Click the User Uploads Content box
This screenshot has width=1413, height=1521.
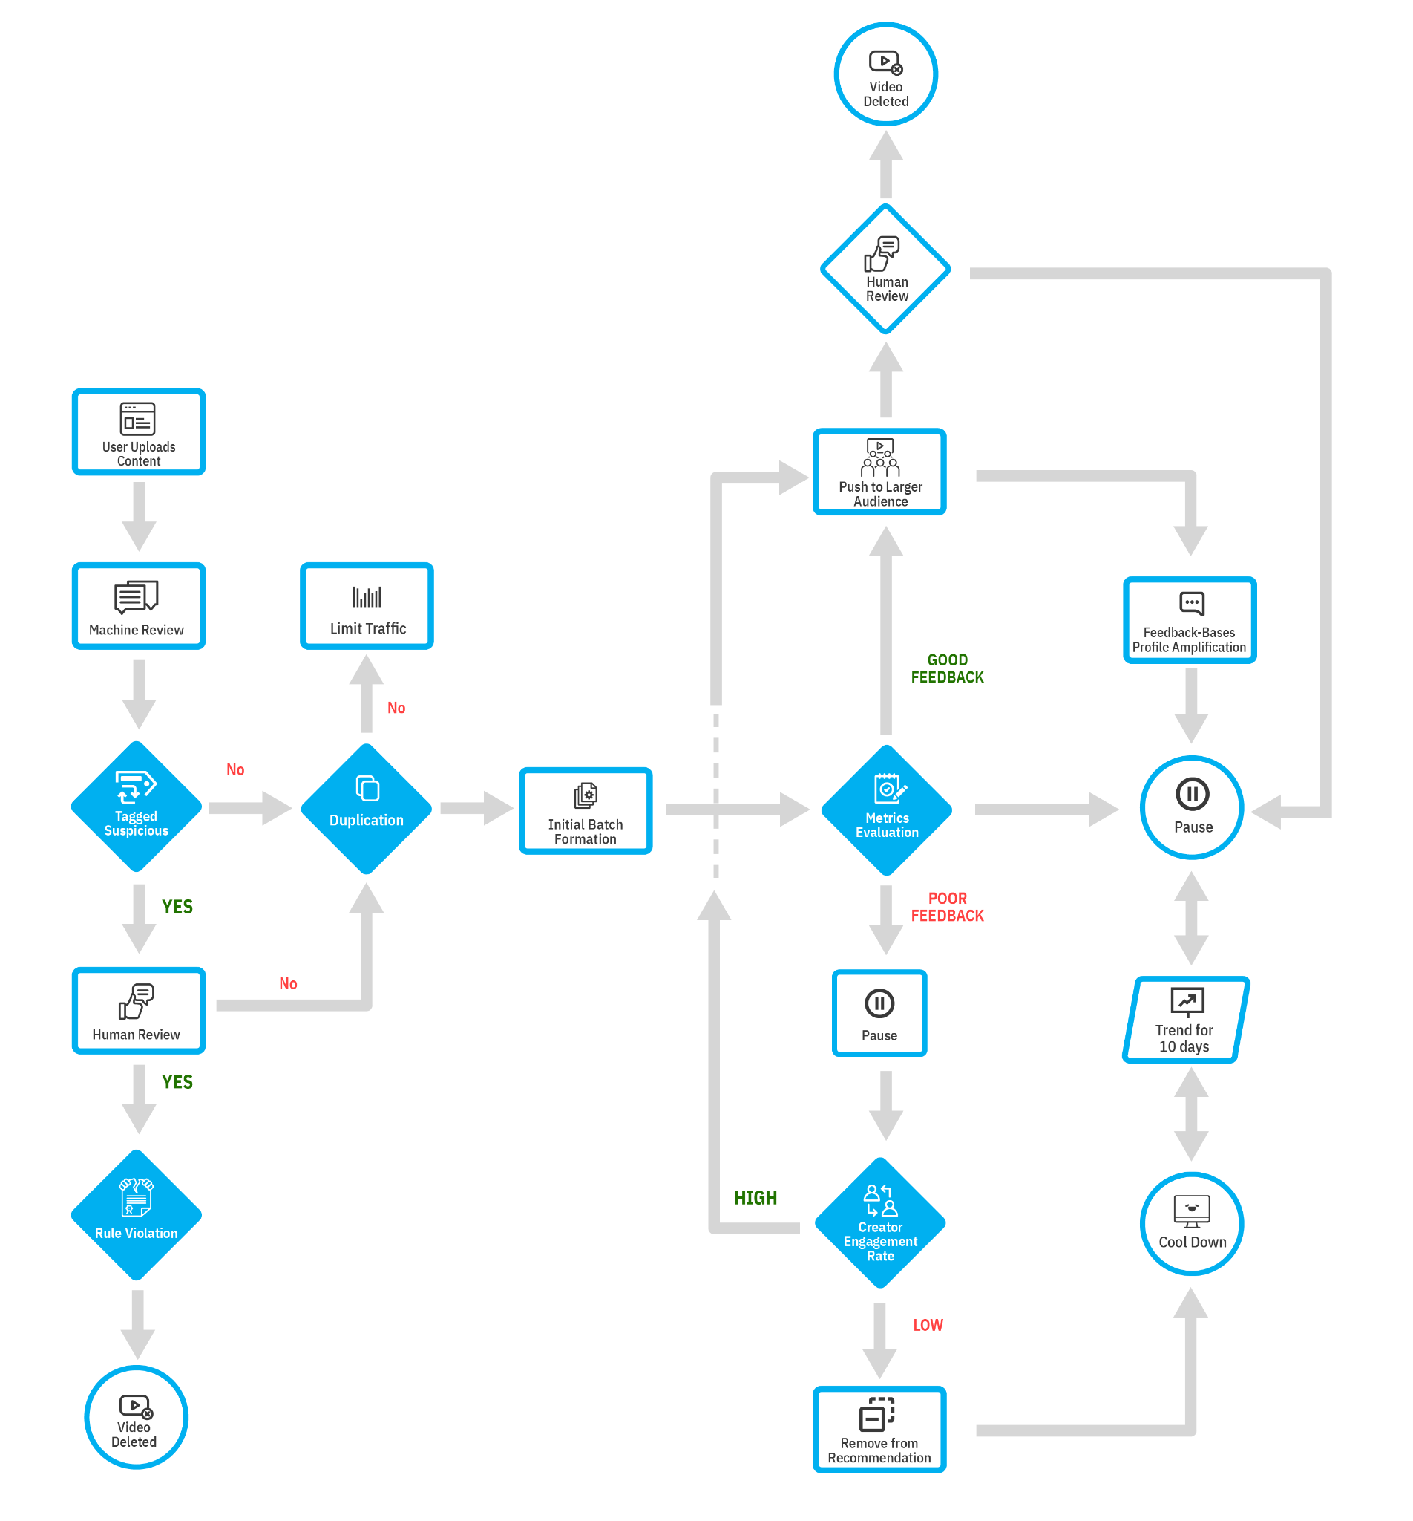(138, 432)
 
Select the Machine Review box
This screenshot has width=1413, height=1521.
(138, 606)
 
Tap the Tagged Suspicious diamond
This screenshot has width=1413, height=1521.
(136, 807)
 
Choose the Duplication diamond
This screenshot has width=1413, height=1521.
(367, 809)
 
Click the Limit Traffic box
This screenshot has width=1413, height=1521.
(367, 606)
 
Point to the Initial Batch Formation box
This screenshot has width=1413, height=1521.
(585, 810)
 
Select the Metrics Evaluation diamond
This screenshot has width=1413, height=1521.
(886, 810)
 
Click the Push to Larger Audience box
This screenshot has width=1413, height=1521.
(879, 472)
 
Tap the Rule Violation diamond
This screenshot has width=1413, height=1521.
(136, 1215)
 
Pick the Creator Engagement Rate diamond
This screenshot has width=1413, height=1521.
(880, 1222)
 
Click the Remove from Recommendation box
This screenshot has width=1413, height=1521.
(879, 1429)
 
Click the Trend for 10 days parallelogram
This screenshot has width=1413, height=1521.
(1185, 1019)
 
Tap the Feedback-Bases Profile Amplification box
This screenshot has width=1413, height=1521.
(1189, 620)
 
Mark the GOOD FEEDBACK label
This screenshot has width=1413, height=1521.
(947, 668)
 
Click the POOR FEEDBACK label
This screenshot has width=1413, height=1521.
(947, 908)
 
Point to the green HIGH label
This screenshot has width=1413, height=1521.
(755, 1198)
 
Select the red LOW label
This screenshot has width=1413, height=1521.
(928, 1325)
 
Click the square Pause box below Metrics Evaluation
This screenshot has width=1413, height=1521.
(879, 1014)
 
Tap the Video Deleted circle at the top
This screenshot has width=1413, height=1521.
(885, 74)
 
